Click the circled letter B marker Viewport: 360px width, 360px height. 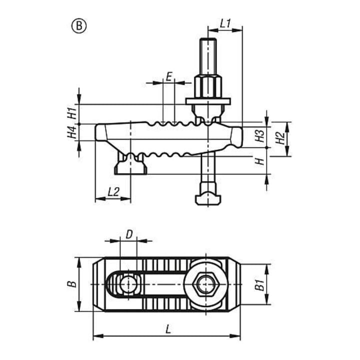point(79,26)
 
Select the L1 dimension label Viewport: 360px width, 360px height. point(225,23)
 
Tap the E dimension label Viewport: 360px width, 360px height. point(169,76)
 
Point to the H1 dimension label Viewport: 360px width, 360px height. point(71,113)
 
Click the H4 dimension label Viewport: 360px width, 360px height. point(71,132)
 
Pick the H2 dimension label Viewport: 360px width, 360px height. point(280,138)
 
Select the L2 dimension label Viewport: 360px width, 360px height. point(113,191)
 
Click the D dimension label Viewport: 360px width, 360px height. point(129,234)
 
